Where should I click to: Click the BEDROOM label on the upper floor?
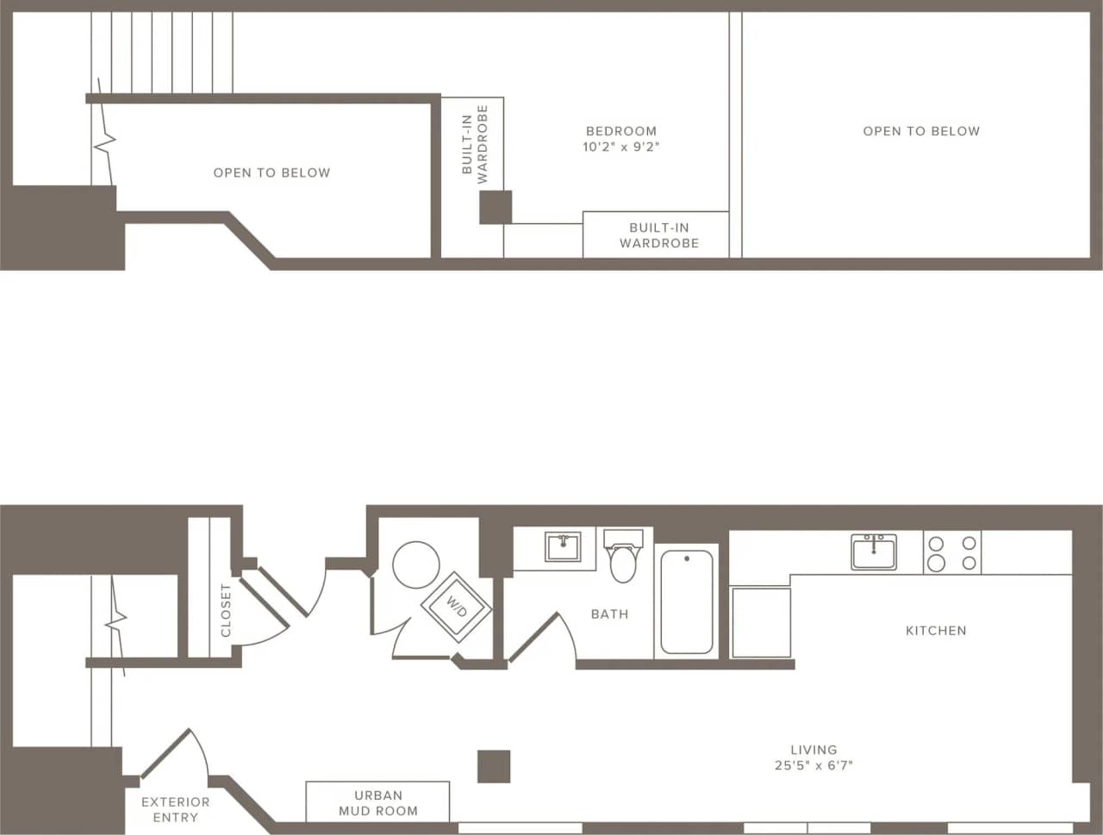pyautogui.click(x=620, y=131)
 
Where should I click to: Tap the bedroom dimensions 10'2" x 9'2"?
pyautogui.click(x=620, y=147)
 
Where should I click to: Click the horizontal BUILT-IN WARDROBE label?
pyautogui.click(x=659, y=235)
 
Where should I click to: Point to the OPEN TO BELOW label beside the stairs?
pyautogui.click(x=271, y=173)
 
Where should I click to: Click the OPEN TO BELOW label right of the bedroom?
pyautogui.click(x=921, y=131)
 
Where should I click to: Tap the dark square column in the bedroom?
pyautogui.click(x=495, y=208)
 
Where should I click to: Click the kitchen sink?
pyautogui.click(x=874, y=551)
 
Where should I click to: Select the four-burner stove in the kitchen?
pyautogui.click(x=952, y=552)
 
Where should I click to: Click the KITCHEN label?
pyautogui.click(x=936, y=631)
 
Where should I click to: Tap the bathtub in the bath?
pyautogui.click(x=686, y=602)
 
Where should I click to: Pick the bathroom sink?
pyautogui.click(x=563, y=547)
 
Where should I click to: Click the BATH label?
pyautogui.click(x=609, y=614)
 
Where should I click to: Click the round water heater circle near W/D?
pyautogui.click(x=416, y=564)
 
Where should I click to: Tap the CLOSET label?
pyautogui.click(x=226, y=610)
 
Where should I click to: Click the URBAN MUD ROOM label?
pyautogui.click(x=377, y=803)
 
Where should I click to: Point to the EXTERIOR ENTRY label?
pyautogui.click(x=175, y=809)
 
